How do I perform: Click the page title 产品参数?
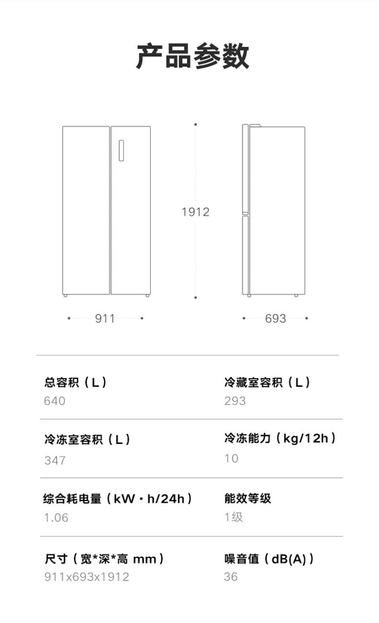click(192, 56)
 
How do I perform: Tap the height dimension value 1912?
click(195, 212)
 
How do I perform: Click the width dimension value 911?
click(105, 318)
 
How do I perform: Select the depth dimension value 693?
click(275, 318)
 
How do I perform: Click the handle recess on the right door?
click(121, 151)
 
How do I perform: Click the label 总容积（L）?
click(75, 383)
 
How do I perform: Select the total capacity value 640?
click(55, 401)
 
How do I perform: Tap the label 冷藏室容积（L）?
click(267, 383)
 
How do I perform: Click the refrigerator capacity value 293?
click(235, 401)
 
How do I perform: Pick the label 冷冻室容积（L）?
click(87, 439)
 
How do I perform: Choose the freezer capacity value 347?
click(55, 460)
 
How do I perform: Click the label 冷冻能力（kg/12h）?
click(280, 438)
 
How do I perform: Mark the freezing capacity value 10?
click(231, 458)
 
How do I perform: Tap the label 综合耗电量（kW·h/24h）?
click(118, 499)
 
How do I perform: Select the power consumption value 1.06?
click(56, 517)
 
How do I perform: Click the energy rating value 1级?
click(234, 517)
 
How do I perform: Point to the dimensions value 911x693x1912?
click(87, 576)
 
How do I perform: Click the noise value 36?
click(231, 576)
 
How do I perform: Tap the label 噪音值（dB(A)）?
click(269, 559)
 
